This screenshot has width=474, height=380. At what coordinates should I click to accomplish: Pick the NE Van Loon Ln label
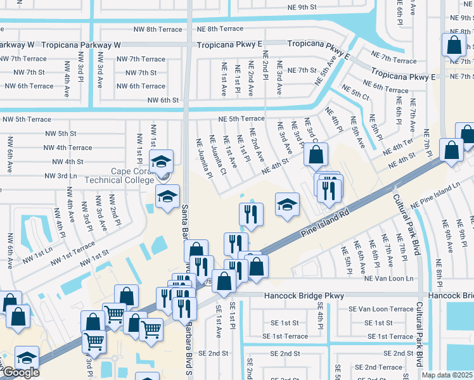[x=388, y=279]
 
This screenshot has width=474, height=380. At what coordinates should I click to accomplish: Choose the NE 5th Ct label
[x=355, y=92]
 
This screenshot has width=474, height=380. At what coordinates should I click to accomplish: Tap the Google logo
[x=20, y=372]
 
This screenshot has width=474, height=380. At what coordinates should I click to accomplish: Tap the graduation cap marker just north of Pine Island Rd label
[x=287, y=205]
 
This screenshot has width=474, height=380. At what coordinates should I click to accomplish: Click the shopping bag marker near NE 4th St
[x=315, y=154]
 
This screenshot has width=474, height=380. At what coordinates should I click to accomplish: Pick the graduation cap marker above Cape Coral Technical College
[x=161, y=161]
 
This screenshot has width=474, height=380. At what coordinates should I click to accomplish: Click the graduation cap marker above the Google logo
[x=26, y=357]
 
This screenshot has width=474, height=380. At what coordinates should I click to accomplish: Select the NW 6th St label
[x=163, y=100]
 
